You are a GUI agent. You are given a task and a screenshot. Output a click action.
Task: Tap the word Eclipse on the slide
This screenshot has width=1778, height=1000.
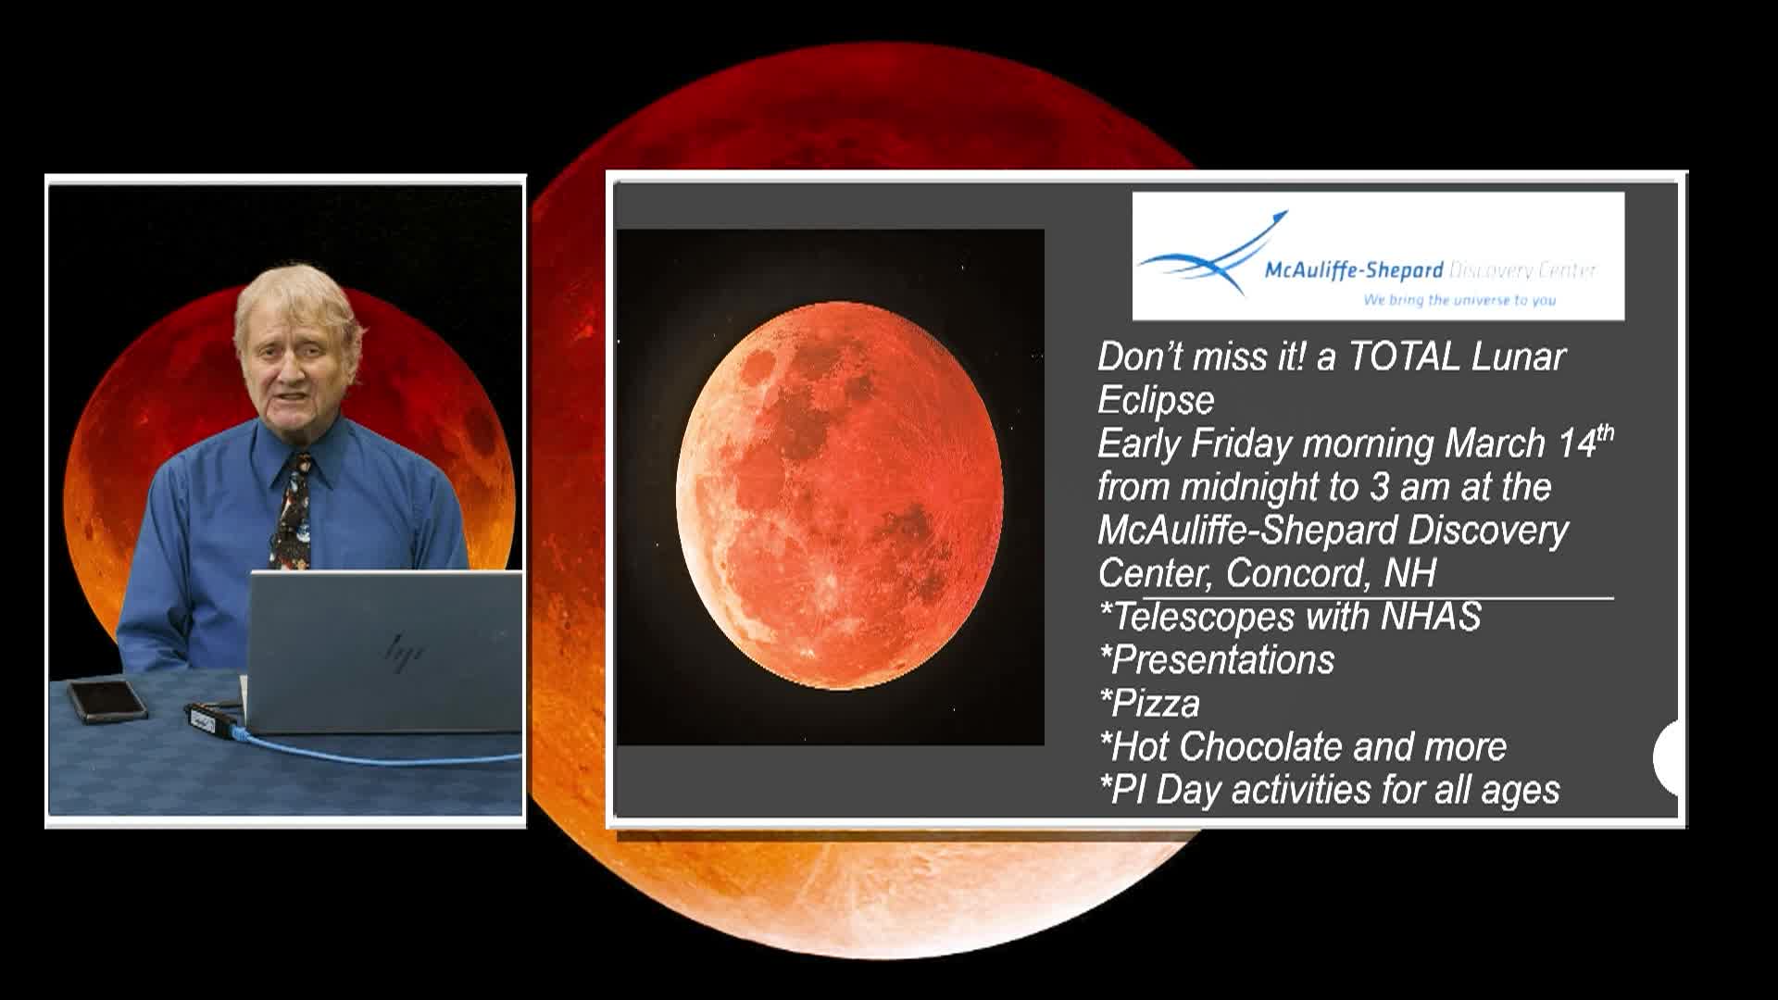tap(1156, 400)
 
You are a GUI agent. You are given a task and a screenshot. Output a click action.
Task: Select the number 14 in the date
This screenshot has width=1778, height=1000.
tap(1577, 444)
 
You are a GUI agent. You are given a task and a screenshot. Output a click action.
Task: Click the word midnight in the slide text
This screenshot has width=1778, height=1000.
tap(1258, 487)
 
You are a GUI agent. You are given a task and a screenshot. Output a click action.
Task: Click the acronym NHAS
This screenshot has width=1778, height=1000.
tap(1431, 617)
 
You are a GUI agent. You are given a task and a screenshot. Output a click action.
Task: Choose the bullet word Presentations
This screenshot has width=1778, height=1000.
tap(1222, 660)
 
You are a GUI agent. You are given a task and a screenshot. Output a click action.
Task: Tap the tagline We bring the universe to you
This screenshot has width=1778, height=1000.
tap(1459, 300)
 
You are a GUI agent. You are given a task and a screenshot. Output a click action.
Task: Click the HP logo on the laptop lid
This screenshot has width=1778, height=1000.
tap(405, 647)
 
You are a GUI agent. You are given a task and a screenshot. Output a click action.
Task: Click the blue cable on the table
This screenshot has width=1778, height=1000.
tap(370, 755)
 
